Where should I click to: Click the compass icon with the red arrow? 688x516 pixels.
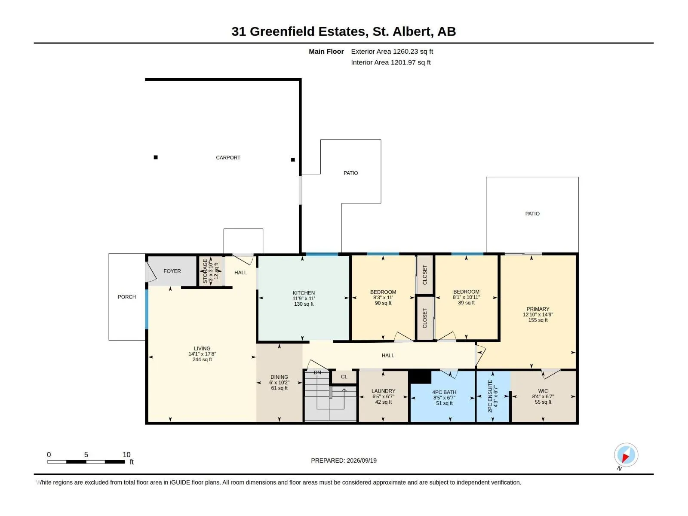point(626,455)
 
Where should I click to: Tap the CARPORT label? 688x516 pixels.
point(228,157)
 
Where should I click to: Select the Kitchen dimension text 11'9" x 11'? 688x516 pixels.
point(304,298)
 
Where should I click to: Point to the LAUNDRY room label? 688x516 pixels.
point(383,391)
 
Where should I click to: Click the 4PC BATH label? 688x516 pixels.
point(444,392)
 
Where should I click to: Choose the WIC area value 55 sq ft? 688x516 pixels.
point(543,402)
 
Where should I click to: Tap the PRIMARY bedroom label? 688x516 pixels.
point(538,309)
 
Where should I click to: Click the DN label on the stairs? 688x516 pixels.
point(317,372)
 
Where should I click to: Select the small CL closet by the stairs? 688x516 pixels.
point(344,377)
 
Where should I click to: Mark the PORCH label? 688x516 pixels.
point(126,297)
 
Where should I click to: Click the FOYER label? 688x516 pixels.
point(172,271)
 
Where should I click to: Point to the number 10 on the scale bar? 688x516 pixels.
point(126,455)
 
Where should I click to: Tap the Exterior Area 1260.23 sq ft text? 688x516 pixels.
point(392,51)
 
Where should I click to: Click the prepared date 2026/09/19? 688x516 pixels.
point(361,461)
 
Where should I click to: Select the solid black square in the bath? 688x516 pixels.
point(421,377)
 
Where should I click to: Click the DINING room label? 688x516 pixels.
point(279,377)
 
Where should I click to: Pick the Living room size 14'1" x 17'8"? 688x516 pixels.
point(202,354)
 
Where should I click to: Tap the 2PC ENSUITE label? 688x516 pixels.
point(490,396)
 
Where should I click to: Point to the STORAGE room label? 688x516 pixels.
point(205,271)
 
